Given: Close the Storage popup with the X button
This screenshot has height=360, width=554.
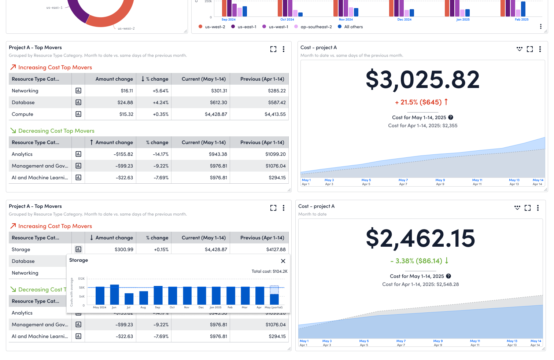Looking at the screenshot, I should [x=283, y=261].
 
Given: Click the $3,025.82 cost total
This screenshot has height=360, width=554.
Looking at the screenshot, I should [x=422, y=80].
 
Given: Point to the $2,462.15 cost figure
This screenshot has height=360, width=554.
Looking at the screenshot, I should [x=420, y=238].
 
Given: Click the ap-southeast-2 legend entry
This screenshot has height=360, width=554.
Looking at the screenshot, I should [x=316, y=27].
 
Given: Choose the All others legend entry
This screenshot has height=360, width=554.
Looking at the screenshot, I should [x=353, y=27].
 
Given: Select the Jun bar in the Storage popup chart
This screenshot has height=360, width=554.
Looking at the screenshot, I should [x=114, y=294].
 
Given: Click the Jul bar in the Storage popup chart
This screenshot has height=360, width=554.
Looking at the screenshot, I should [x=129, y=299].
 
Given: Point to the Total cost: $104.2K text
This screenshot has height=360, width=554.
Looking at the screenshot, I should [x=269, y=271].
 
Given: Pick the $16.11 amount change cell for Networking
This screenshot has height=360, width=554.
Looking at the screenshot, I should [x=127, y=91].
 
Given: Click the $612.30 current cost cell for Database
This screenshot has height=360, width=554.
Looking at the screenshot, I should [x=218, y=103].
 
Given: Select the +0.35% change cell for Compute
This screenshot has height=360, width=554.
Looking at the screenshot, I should [x=160, y=114].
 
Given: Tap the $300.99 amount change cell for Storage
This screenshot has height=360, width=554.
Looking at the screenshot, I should [x=124, y=250].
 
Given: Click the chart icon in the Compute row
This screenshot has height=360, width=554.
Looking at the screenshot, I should [x=78, y=114].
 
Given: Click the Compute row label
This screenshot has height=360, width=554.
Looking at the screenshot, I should [x=22, y=114].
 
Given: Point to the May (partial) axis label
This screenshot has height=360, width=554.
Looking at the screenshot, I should [x=273, y=308].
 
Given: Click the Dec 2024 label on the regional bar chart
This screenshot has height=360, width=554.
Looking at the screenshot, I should [x=404, y=19].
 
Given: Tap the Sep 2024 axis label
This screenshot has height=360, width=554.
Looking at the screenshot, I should [x=228, y=19].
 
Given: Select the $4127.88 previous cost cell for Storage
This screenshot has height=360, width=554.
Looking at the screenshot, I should [x=276, y=250].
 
